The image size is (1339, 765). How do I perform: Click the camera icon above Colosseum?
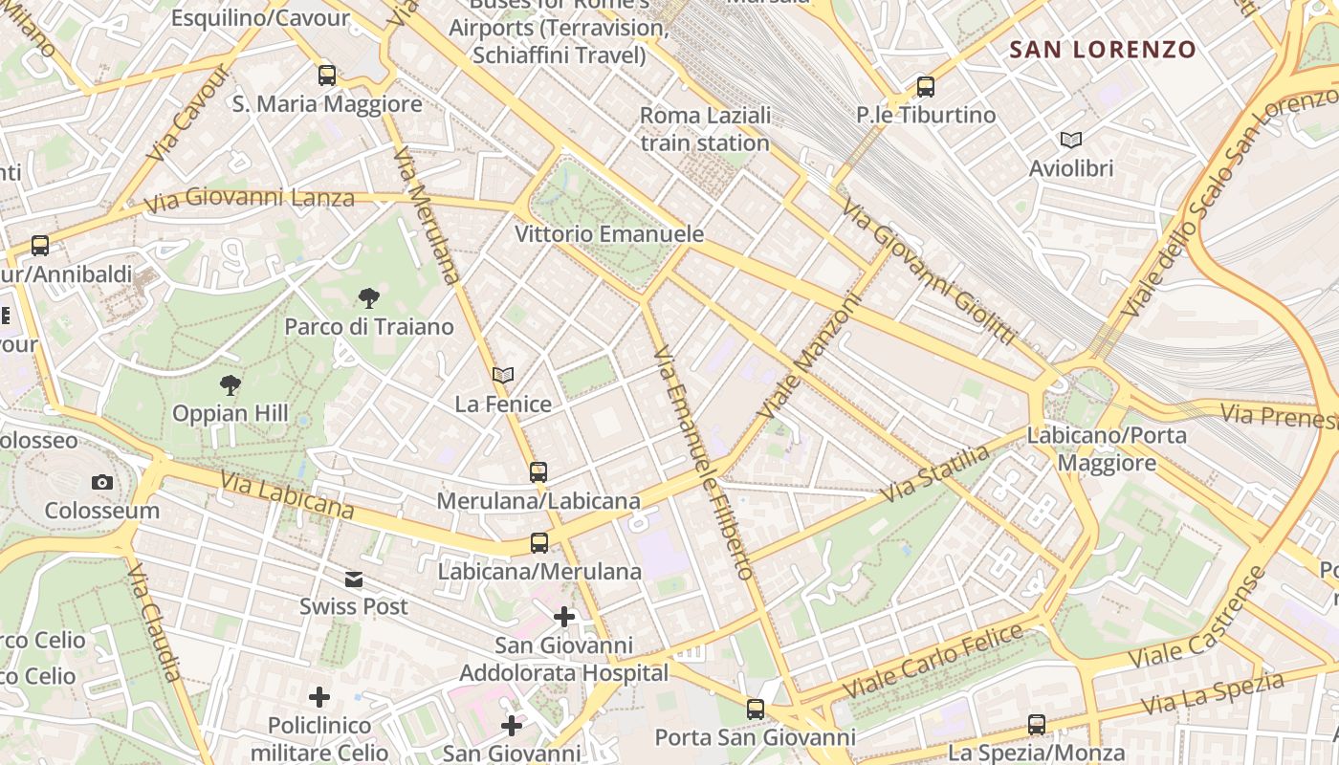(102, 483)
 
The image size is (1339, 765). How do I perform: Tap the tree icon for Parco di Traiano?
(368, 298)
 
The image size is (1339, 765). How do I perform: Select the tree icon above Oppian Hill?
(230, 385)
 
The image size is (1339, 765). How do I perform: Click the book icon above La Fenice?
(503, 376)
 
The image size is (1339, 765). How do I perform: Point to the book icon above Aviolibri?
(1071, 141)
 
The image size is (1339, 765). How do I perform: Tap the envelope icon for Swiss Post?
(354, 579)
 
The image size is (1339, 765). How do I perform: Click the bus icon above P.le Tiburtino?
(925, 87)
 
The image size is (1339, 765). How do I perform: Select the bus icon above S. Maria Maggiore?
(327, 76)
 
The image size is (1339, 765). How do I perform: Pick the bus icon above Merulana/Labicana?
(538, 471)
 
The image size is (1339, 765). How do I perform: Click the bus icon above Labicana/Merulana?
(539, 543)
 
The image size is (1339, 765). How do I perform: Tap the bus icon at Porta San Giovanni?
(756, 710)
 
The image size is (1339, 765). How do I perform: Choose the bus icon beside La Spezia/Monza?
(1037, 725)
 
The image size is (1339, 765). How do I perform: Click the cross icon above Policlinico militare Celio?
(319, 697)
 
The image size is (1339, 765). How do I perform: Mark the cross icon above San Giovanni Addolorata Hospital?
(564, 617)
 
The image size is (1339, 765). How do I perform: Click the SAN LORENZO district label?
(1103, 50)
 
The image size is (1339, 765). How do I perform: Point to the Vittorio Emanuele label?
(609, 234)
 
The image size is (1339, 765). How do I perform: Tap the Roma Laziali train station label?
(705, 129)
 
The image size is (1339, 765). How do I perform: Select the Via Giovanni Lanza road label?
(249, 200)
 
